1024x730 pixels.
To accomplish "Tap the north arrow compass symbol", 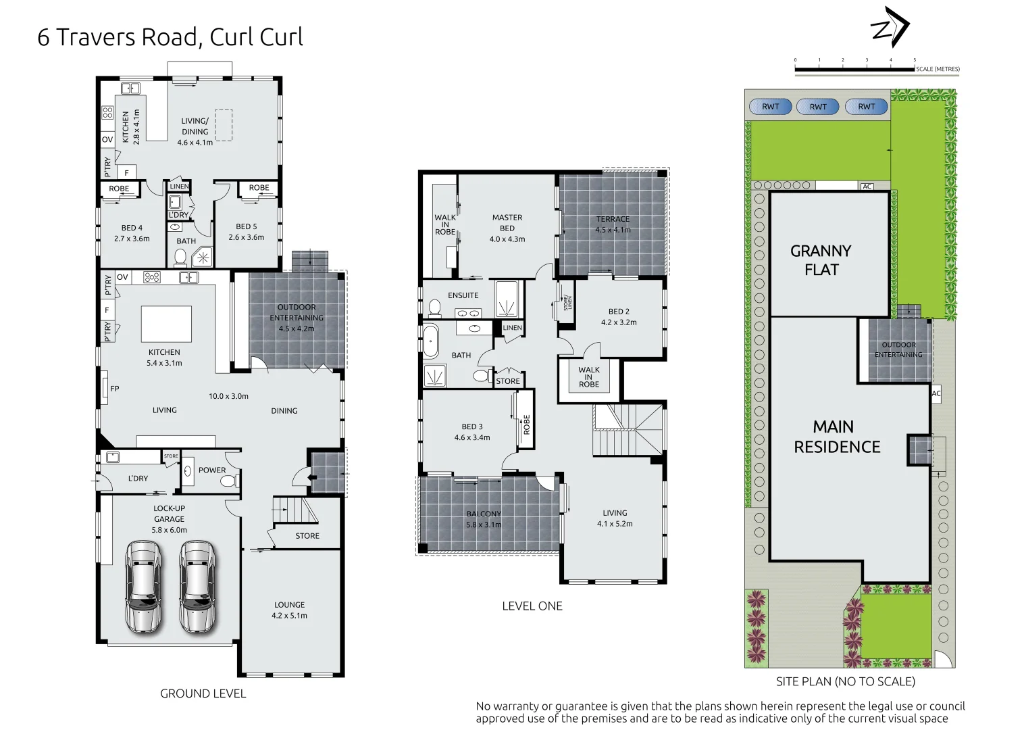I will pos(890,28).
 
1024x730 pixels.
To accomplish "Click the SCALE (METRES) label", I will pos(938,69).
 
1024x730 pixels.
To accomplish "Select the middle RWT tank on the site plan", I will pos(818,107).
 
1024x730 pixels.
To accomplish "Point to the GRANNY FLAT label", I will pos(821,260).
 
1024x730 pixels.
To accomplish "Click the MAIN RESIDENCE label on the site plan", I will pos(836,437).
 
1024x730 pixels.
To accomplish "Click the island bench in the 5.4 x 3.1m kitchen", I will pos(166,324).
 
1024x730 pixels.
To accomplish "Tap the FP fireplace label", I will pos(115,389).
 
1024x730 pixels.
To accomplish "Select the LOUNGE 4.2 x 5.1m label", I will pos(289,610).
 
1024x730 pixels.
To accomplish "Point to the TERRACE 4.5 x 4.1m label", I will pos(613,224).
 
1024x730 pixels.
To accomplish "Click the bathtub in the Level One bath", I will pos(430,341).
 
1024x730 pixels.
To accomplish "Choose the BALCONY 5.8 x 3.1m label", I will pos(484,519).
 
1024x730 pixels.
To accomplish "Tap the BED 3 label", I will pos(472,432).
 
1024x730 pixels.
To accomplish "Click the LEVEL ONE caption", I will pos(532,606).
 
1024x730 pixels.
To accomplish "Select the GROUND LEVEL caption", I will pos(203,693).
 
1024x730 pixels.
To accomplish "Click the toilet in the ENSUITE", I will pos(434,308).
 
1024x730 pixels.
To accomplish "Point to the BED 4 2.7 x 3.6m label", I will pos(132,233).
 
